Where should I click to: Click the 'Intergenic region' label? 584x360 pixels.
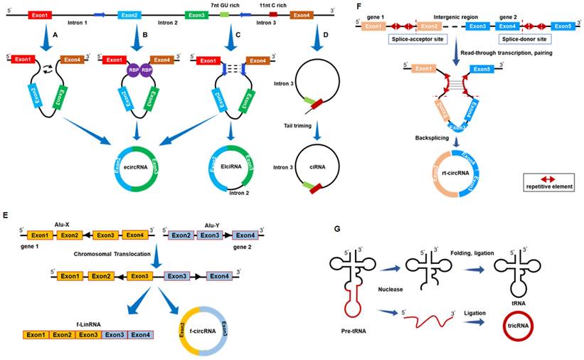(442, 14)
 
